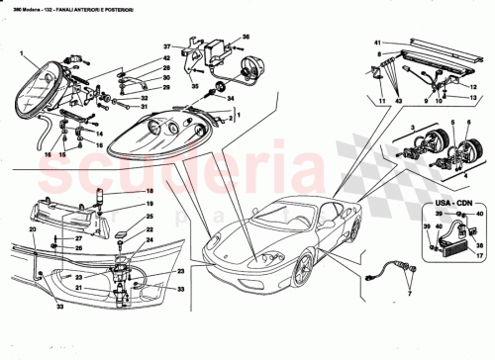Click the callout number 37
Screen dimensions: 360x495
click(x=168, y=46)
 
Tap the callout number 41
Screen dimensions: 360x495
click(x=377, y=43)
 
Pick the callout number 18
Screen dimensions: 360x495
click(x=150, y=191)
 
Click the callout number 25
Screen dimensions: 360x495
click(x=150, y=215)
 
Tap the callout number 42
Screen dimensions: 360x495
click(x=166, y=60)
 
